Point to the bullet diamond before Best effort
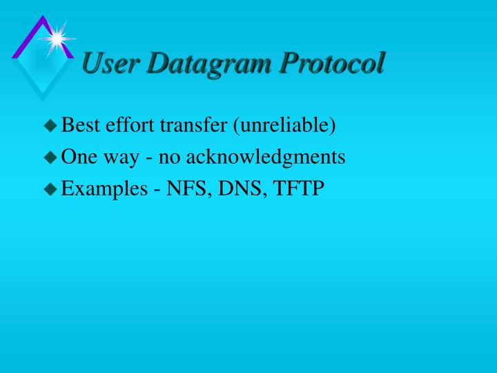tap(50, 126)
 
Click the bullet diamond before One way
tap(50, 157)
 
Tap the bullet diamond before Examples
tap(50, 189)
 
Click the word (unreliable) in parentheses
tap(284, 126)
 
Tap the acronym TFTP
tap(299, 189)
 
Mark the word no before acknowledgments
tap(169, 158)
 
